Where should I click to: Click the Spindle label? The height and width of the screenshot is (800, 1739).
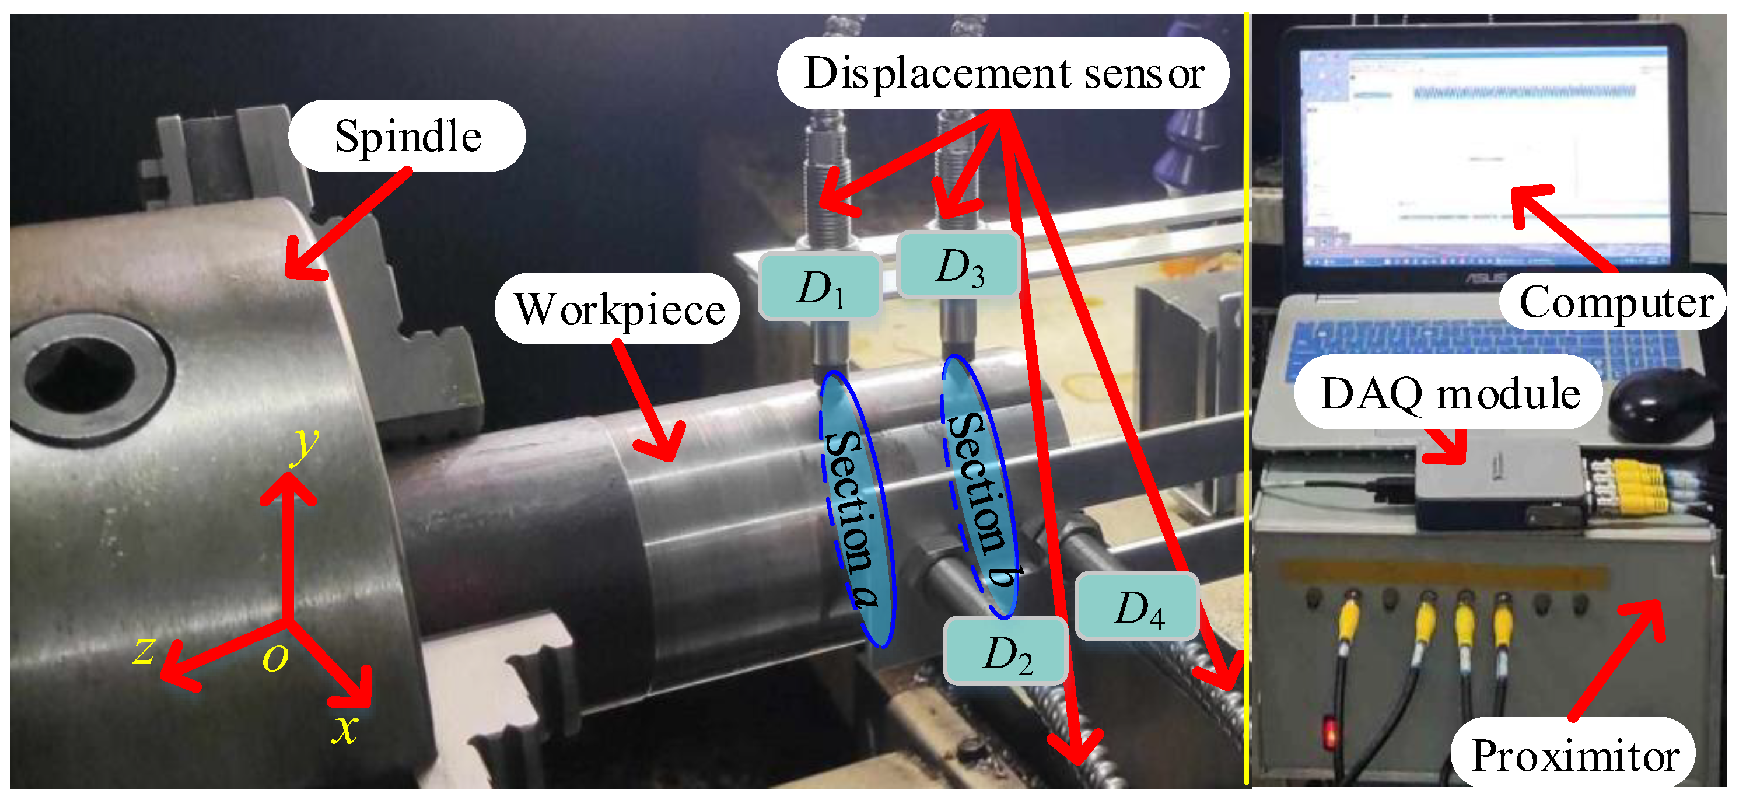407,136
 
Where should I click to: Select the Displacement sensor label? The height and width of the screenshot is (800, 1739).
1003,73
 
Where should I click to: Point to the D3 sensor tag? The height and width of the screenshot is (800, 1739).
958,265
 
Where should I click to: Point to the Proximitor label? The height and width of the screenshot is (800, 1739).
1574,754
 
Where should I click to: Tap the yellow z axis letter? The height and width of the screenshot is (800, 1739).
144,649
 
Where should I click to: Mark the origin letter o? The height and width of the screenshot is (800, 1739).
275,656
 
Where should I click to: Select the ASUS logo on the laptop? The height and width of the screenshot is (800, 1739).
1485,277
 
